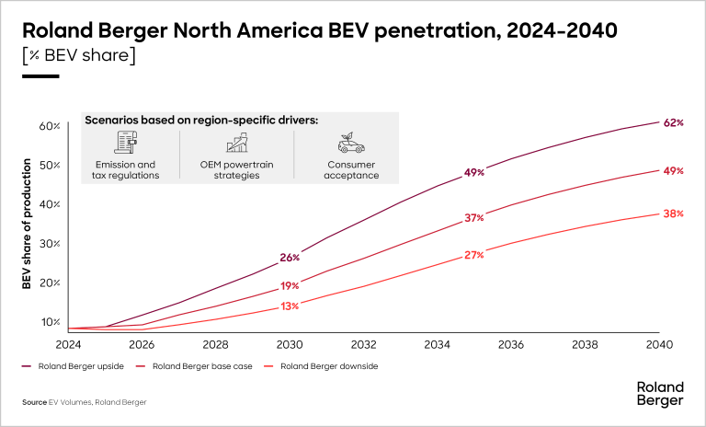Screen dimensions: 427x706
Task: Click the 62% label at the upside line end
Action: pos(673,122)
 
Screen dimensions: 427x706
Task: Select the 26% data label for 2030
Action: pos(290,257)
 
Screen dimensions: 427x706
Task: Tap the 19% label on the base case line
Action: pos(290,286)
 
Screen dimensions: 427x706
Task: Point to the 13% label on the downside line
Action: pos(290,306)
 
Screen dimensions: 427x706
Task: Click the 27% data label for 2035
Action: pos(474,255)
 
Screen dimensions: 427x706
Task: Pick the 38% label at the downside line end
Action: pos(673,213)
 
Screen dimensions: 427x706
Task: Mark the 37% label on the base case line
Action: pos(474,218)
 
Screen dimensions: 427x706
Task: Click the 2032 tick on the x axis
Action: pos(363,344)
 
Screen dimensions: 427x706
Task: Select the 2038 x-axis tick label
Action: pos(585,344)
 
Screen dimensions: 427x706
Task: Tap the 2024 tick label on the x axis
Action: pos(68,344)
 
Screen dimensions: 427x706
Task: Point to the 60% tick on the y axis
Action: pos(49,125)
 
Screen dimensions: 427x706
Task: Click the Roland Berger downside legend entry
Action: pos(322,366)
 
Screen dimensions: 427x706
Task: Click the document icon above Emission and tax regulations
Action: pos(125,143)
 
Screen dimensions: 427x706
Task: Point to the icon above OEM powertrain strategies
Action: pos(237,143)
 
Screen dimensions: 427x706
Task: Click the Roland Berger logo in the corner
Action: pos(659,393)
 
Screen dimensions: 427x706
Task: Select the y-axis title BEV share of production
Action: pos(28,225)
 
